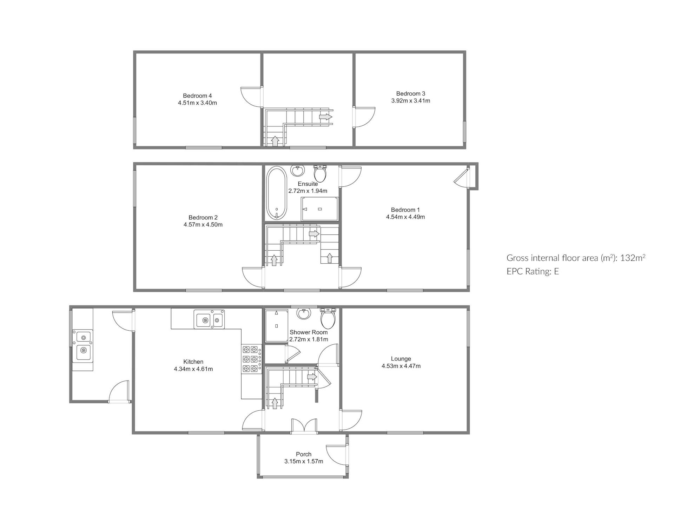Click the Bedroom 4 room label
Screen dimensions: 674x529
[x=197, y=96]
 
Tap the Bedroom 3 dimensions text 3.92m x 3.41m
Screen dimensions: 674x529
[x=411, y=101]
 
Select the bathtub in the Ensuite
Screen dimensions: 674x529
[x=277, y=193]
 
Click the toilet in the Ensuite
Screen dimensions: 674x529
[x=320, y=173]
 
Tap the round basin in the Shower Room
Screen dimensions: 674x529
[x=304, y=313]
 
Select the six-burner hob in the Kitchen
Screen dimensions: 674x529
[x=251, y=359]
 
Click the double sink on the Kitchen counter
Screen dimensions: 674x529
[x=209, y=319]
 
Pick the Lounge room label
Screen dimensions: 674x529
[x=401, y=359]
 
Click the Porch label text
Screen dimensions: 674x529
[x=304, y=454]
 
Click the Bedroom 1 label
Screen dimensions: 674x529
[x=405, y=210]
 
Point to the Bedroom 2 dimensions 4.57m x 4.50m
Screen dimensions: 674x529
[x=203, y=225]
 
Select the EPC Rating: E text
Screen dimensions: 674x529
[x=533, y=271]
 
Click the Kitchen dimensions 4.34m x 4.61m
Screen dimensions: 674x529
[x=193, y=369]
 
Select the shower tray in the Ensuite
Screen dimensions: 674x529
[x=320, y=209]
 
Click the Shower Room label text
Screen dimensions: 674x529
[x=309, y=332]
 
